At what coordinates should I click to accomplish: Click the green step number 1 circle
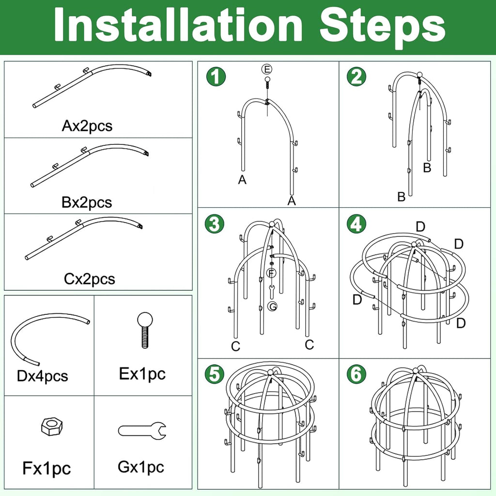point(216,77)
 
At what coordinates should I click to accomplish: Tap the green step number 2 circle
point(356,77)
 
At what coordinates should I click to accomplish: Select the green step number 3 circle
point(215,224)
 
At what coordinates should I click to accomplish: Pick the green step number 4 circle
point(356,224)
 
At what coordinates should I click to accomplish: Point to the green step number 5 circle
point(215,374)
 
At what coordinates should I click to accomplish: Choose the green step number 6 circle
point(356,374)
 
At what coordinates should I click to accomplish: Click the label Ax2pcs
point(87,126)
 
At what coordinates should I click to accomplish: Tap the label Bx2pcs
point(87,202)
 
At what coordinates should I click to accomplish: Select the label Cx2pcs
point(89,279)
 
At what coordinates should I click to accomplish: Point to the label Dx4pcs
point(43,376)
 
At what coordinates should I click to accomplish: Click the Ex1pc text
point(142,373)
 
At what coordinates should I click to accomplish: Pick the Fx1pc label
point(46,468)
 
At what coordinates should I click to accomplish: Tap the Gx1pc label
point(141,467)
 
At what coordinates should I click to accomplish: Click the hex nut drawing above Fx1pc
point(52,426)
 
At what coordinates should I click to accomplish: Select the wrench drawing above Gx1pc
point(142,431)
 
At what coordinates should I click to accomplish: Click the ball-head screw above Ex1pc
point(145,330)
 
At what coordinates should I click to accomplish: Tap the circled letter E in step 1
point(267,69)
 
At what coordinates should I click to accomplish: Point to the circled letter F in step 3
point(271,273)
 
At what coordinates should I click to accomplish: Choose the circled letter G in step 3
point(272,306)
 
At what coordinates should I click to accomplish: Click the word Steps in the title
point(383,26)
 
